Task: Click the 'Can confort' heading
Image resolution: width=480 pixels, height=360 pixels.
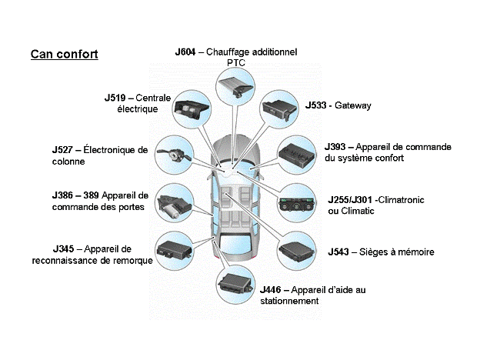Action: coord(64,55)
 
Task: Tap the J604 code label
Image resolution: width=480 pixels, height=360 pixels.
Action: coord(185,52)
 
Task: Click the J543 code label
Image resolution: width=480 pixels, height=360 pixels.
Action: coord(340,252)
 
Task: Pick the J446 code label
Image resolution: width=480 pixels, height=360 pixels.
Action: coord(271,289)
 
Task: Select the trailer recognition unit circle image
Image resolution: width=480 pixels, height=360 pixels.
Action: coord(175,248)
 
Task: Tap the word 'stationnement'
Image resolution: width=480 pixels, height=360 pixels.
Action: coord(288,301)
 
